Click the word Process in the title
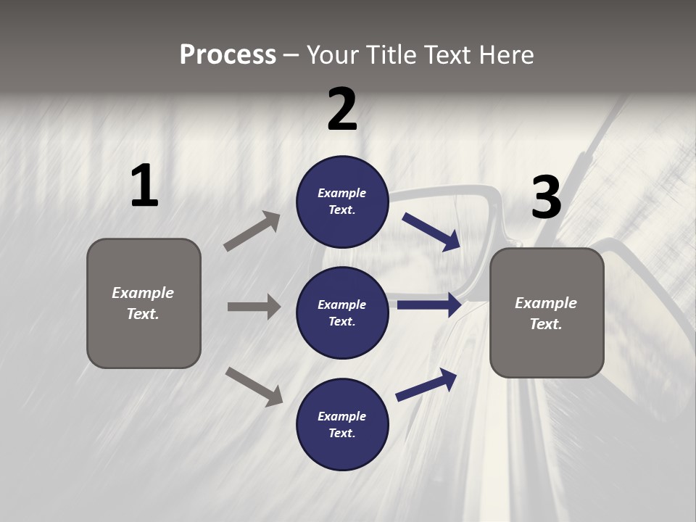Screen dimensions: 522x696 click(x=228, y=55)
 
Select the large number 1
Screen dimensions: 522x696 click(x=144, y=186)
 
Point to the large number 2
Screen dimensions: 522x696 click(x=342, y=109)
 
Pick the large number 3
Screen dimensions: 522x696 click(x=546, y=198)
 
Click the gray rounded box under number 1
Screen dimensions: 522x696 click(x=144, y=303)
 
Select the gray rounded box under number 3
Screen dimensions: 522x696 click(x=547, y=313)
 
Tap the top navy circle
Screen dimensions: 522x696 click(x=342, y=202)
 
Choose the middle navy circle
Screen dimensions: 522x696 click(x=342, y=313)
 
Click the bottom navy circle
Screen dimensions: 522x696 click(x=342, y=425)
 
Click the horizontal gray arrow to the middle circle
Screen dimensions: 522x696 click(x=254, y=307)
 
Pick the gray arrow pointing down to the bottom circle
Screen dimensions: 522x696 click(x=254, y=386)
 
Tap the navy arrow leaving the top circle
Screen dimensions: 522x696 click(x=431, y=231)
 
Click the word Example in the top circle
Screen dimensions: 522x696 click(x=342, y=194)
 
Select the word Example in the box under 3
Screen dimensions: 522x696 click(x=546, y=303)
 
